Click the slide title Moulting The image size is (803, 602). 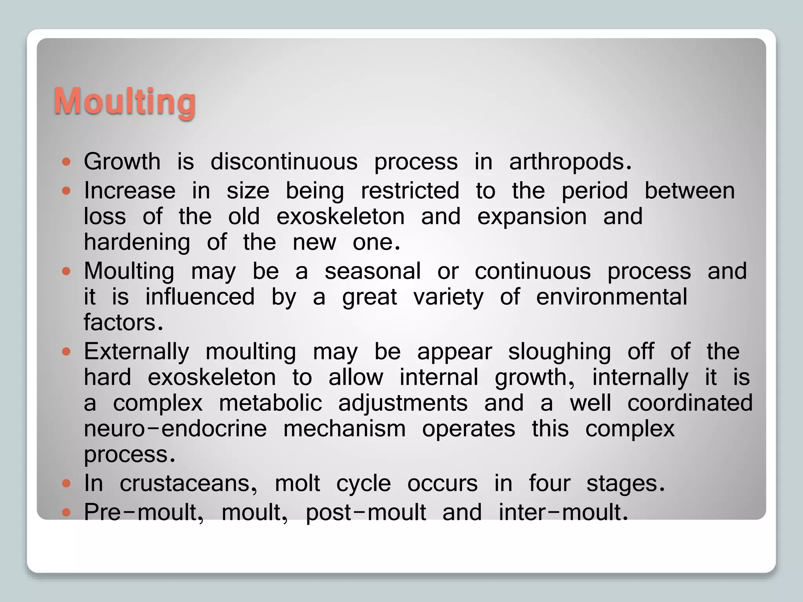click(125, 101)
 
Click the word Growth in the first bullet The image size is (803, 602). click(122, 161)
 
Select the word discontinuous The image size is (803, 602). click(284, 161)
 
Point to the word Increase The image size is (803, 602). click(129, 191)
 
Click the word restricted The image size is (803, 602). click(410, 191)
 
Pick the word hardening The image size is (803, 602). click(137, 243)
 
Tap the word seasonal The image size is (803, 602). click(372, 271)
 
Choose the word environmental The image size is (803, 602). click(611, 297)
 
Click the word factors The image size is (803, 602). click(123, 322)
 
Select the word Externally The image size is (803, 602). click(136, 352)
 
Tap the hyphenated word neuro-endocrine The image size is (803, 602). click(175, 429)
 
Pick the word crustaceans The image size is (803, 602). click(188, 484)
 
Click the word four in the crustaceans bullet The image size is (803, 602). click(549, 483)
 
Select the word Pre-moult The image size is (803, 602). click(144, 512)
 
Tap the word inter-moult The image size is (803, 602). click(563, 512)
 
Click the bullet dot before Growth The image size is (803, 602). click(66, 161)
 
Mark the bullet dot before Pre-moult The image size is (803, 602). click(66, 512)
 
